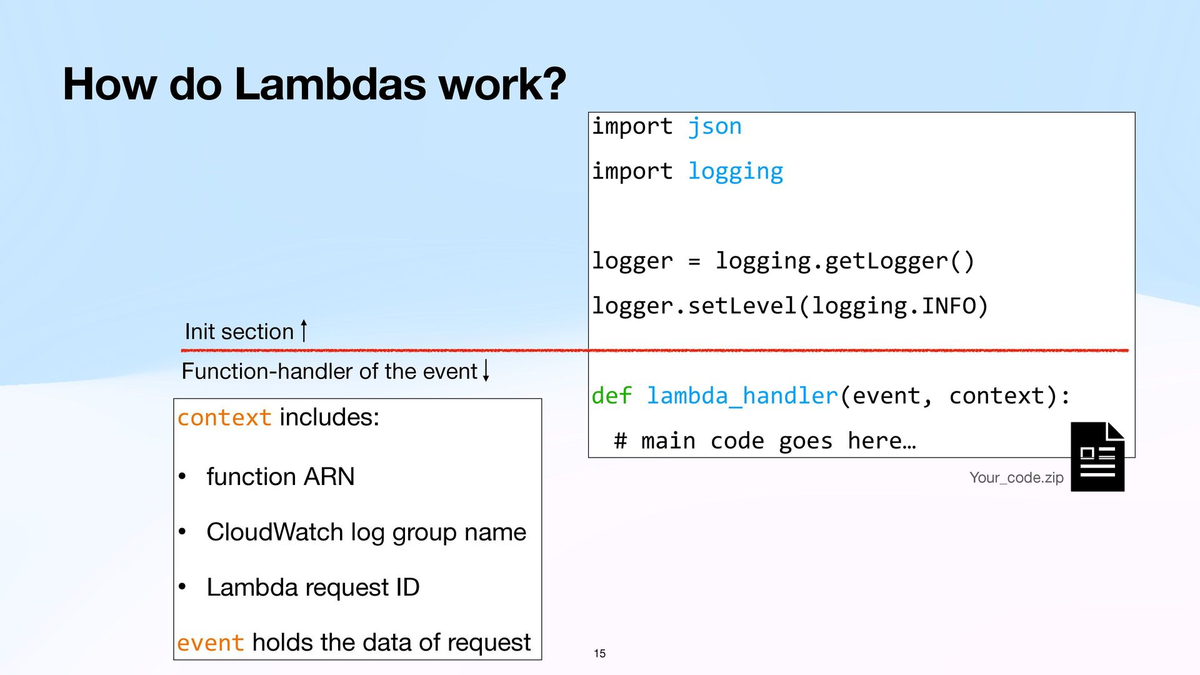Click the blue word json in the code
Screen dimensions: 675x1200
coord(714,127)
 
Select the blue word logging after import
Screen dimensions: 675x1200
coord(735,172)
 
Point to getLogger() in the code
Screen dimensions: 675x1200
coord(899,261)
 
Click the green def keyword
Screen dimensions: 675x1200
coord(611,396)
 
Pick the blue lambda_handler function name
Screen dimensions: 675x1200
coord(741,396)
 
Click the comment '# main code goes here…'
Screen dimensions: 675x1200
coord(764,441)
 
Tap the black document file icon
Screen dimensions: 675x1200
coord(1097,457)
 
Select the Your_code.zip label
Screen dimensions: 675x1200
coord(1016,478)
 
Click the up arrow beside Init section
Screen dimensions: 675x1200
coord(304,331)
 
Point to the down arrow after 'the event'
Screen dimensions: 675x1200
coord(486,370)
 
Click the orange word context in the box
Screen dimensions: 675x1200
coord(224,417)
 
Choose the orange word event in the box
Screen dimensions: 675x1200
coord(210,643)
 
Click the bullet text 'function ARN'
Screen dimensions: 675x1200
coord(280,477)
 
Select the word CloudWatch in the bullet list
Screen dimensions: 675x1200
coord(274,532)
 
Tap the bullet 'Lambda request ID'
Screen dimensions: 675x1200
coord(312,587)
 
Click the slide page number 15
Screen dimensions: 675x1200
coord(599,654)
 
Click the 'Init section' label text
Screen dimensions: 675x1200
coord(239,332)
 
